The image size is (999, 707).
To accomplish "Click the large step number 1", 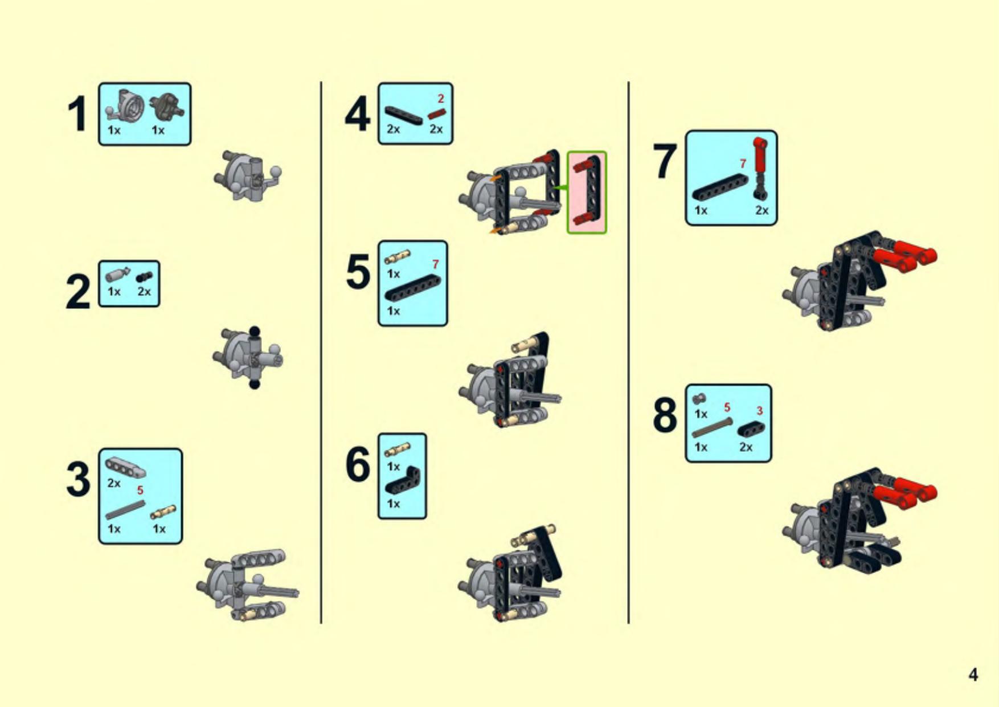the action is click(77, 115).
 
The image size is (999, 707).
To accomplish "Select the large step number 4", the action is click(357, 115).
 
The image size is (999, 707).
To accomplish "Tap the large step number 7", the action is click(665, 162).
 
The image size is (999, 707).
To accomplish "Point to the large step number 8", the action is click(665, 415).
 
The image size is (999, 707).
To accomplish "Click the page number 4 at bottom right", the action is click(973, 675).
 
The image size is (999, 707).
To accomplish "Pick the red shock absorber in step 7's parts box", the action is click(760, 169).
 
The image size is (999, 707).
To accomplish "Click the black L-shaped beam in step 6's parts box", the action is click(403, 480).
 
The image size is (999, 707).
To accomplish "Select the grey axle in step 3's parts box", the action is click(125, 510).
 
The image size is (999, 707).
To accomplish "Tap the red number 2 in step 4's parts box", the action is click(440, 99).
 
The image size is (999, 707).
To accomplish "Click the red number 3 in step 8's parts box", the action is click(759, 411).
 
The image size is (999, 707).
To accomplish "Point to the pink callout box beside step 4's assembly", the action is click(587, 193).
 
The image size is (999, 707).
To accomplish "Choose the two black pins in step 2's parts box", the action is click(144, 277).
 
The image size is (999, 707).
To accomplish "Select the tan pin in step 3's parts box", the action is click(163, 512).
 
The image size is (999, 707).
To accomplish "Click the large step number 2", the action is click(77, 292).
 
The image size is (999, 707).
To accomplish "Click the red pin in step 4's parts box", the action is click(436, 113).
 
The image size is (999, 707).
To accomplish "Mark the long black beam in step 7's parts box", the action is click(720, 187).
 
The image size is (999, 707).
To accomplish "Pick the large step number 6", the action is click(358, 464).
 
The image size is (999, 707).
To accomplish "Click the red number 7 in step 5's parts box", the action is click(436, 264).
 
